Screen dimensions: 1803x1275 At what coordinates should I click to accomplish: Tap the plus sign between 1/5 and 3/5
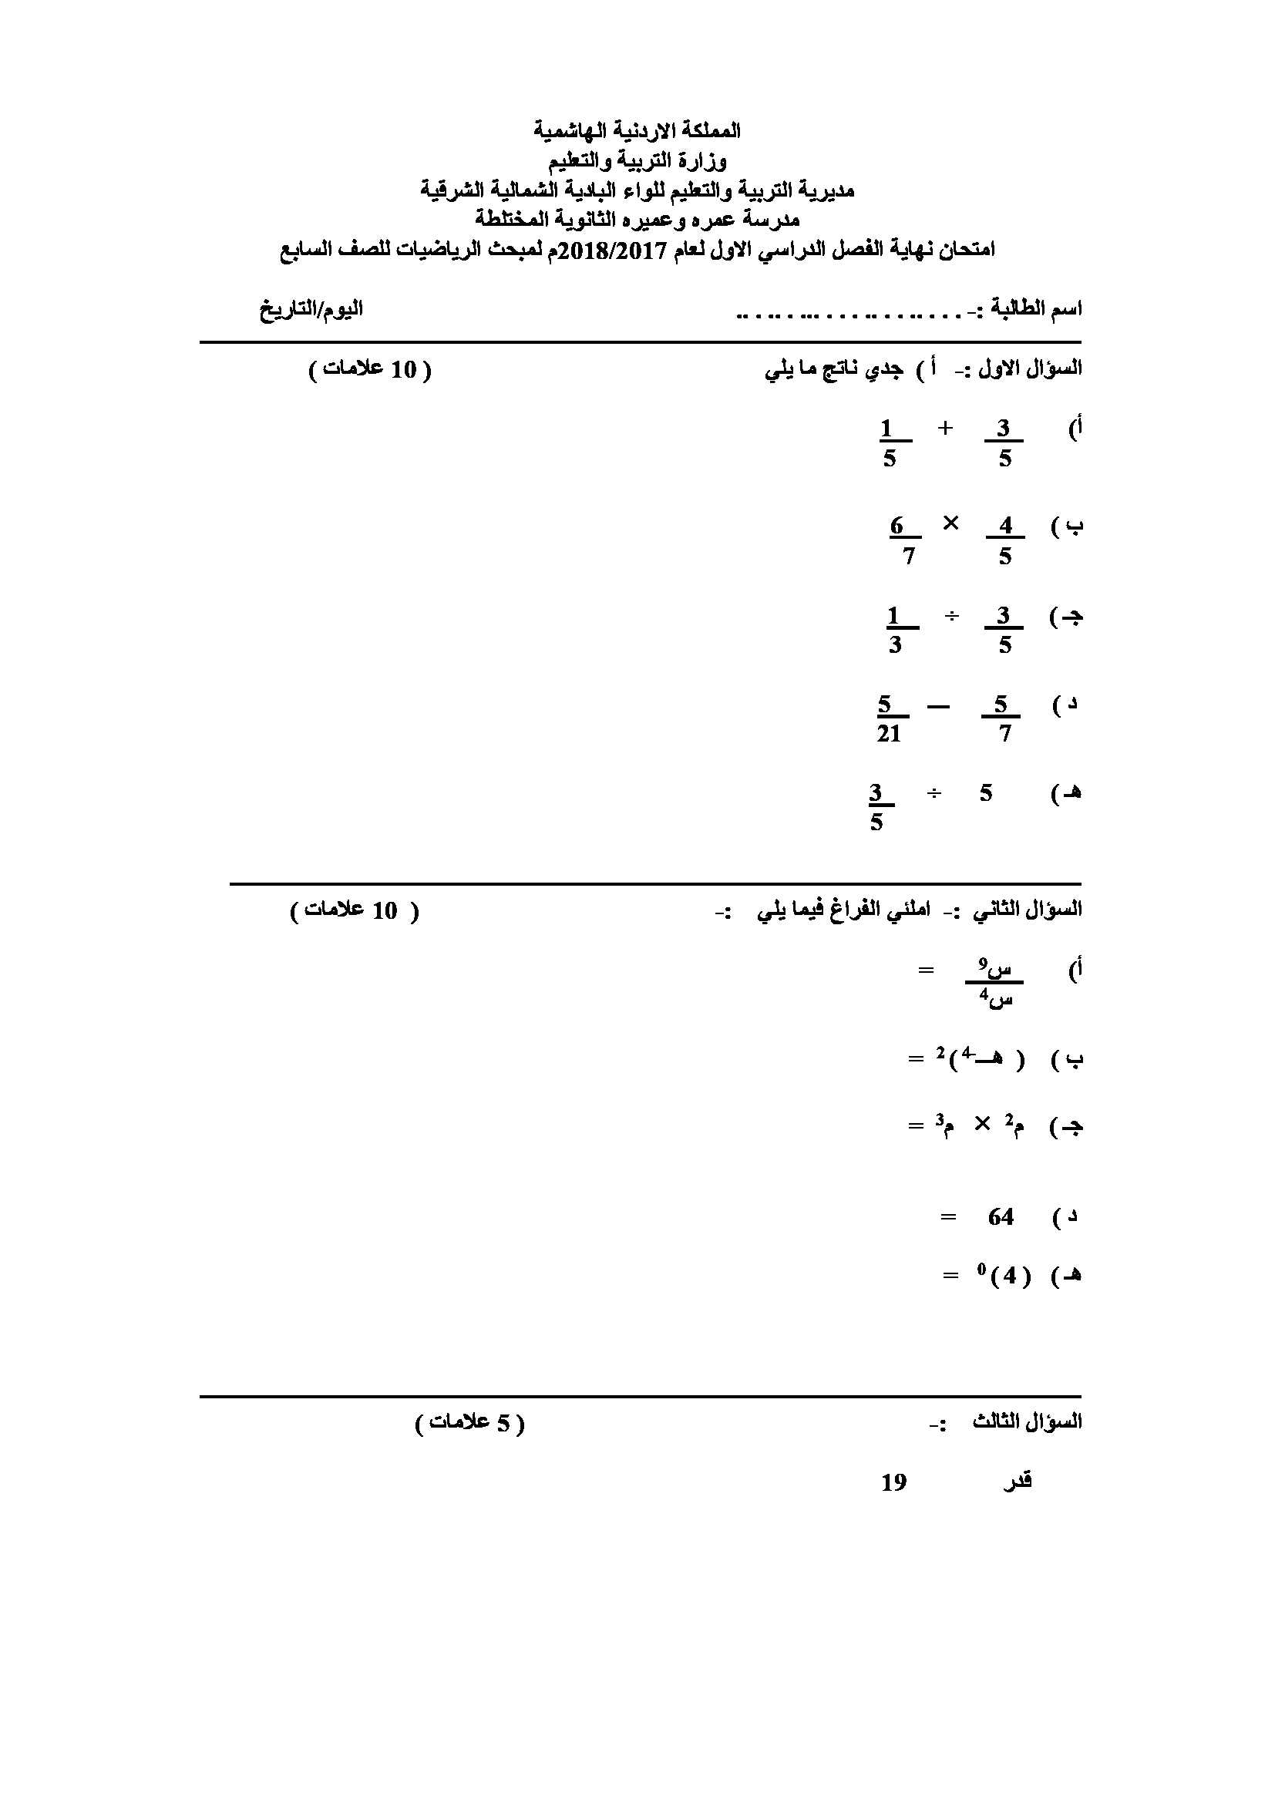point(945,428)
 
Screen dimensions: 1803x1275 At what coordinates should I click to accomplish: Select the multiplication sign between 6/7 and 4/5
point(950,523)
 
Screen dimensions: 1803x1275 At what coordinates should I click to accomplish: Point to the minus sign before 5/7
point(938,706)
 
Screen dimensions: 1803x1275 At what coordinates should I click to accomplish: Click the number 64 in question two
point(1001,1217)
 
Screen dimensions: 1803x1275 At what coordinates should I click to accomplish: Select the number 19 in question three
point(894,1482)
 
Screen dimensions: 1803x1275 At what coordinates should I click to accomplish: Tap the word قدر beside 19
point(1018,1482)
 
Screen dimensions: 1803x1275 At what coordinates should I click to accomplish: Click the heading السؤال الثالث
point(1028,1422)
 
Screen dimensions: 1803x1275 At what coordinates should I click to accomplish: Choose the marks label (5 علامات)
point(469,1423)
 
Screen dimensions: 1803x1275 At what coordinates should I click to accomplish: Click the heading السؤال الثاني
point(1028,910)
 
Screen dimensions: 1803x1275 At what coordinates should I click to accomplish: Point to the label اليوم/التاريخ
point(311,308)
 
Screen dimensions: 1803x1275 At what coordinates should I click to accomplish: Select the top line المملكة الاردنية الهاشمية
point(637,130)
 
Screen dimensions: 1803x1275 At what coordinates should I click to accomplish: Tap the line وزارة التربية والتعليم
point(637,161)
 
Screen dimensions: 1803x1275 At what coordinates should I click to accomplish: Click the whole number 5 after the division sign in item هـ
point(986,793)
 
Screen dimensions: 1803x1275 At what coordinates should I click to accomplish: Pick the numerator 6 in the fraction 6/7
point(897,526)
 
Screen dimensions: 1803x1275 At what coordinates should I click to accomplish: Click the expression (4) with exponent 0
point(1004,1276)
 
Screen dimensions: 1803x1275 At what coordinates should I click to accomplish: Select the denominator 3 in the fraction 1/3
point(895,645)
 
